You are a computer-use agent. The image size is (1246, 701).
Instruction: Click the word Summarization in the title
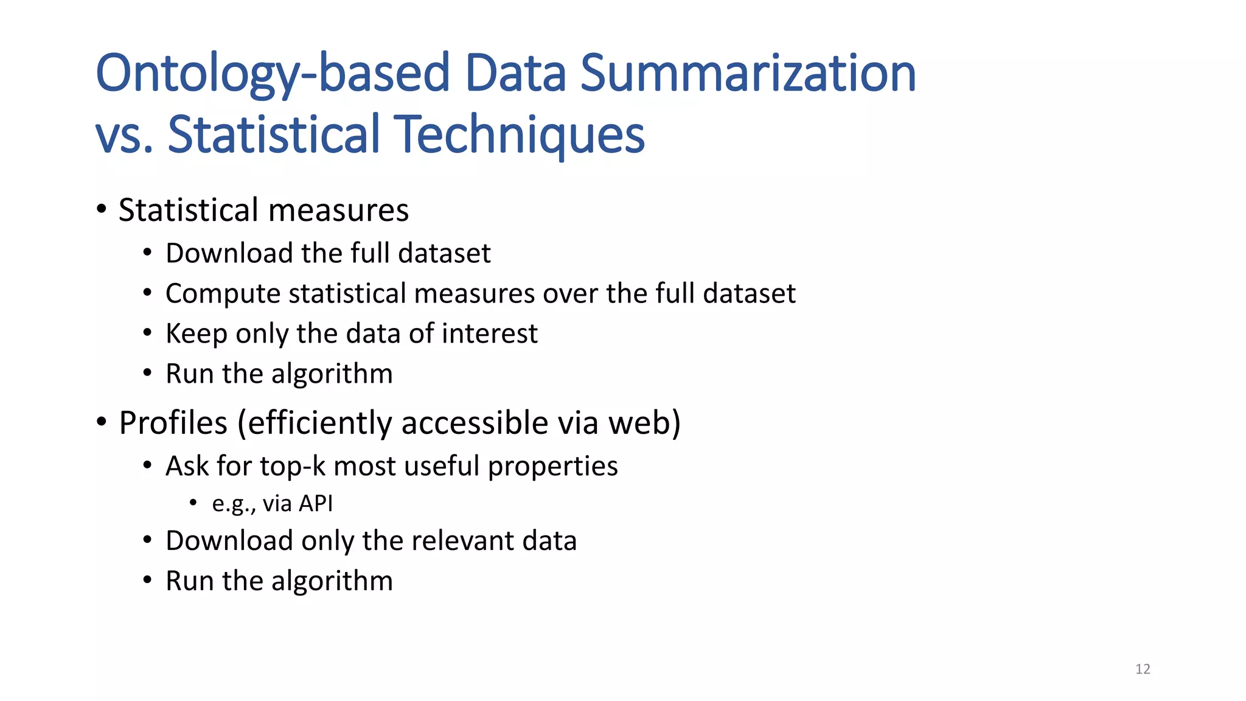coord(748,73)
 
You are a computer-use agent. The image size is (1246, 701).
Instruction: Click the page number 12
coord(1143,669)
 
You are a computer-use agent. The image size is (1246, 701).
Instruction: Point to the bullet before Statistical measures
coord(102,210)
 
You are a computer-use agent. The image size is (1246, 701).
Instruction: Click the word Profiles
coord(173,423)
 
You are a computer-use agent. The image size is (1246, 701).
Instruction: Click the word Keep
coord(196,334)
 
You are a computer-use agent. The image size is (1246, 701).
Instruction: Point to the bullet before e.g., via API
coord(193,503)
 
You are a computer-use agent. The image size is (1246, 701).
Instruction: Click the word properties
coord(552,467)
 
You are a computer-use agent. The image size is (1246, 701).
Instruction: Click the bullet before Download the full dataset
coord(147,253)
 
